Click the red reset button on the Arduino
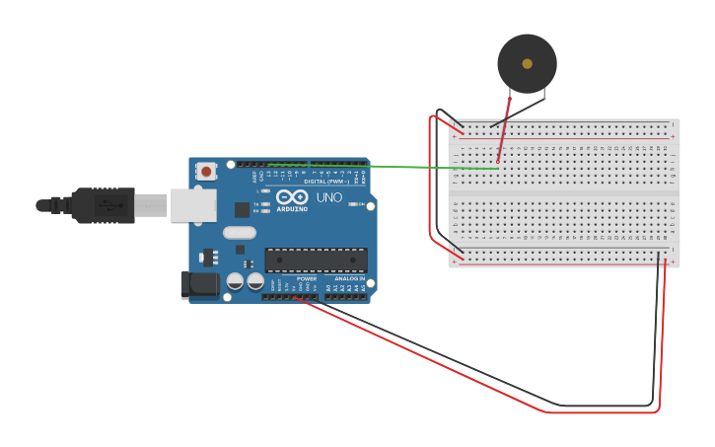point(206,171)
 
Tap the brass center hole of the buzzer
point(527,63)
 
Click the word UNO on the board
point(329,197)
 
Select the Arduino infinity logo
point(292,196)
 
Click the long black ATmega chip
point(316,260)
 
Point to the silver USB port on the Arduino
point(193,205)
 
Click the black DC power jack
point(199,284)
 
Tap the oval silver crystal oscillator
point(240,233)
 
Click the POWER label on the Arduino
point(307,279)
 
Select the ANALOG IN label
point(349,279)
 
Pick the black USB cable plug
point(99,205)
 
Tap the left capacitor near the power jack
point(235,281)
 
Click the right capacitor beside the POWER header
point(255,281)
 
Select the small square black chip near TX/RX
point(242,209)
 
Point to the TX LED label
point(256,204)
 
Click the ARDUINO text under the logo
point(292,209)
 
